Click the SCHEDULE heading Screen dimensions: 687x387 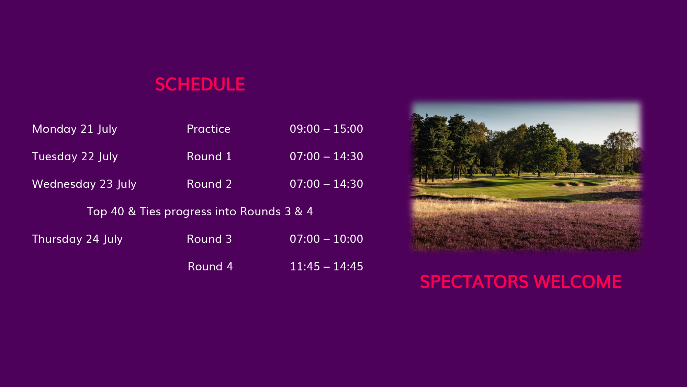200,84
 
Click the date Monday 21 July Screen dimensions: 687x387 75,129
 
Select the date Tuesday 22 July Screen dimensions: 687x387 75,157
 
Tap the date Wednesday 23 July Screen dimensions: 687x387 84,184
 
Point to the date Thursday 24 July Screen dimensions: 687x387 77,239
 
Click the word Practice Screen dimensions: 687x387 209,129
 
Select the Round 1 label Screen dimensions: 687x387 209,157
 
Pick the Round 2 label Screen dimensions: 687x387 209,184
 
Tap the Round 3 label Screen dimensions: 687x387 209,239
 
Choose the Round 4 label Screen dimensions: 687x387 210,267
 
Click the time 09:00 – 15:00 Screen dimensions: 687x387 326,129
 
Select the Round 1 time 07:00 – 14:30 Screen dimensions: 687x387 326,157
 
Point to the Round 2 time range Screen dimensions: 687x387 326,184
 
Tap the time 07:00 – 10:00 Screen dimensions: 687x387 326,239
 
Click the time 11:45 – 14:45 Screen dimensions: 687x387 326,267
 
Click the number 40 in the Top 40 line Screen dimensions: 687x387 117,212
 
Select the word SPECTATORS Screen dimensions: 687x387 474,282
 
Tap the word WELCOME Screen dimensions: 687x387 578,282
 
